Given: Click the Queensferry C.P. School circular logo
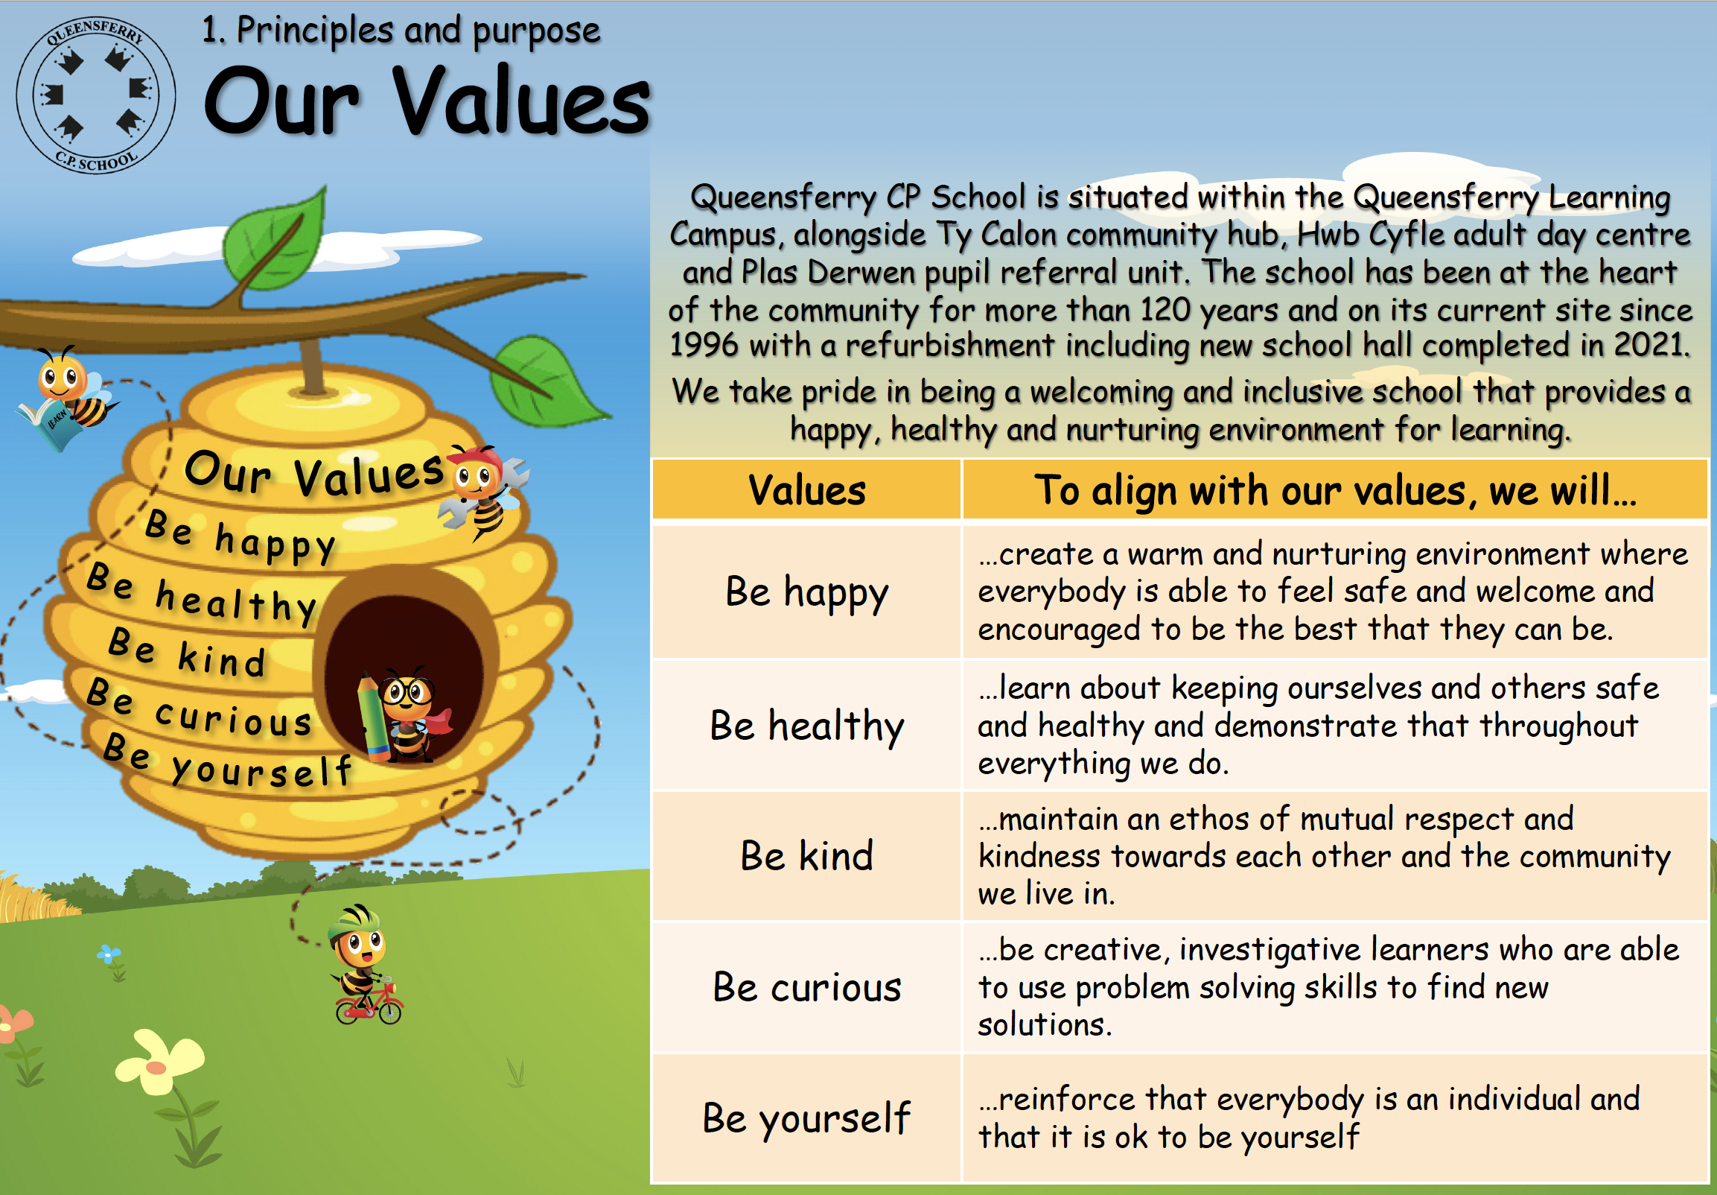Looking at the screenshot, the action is point(96,95).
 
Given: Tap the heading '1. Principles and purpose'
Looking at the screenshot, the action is point(401,31).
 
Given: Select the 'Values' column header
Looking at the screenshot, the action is point(806,490).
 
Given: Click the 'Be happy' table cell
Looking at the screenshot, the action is point(806,592).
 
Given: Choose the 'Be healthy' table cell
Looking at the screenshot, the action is point(806,725).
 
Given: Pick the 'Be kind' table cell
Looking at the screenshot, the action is point(806,856).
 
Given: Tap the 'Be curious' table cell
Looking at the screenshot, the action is point(806,987).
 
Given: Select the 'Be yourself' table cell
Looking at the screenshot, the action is point(806,1118).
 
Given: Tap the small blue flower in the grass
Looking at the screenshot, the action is point(109,954).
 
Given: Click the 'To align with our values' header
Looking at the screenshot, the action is point(1335,491).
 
